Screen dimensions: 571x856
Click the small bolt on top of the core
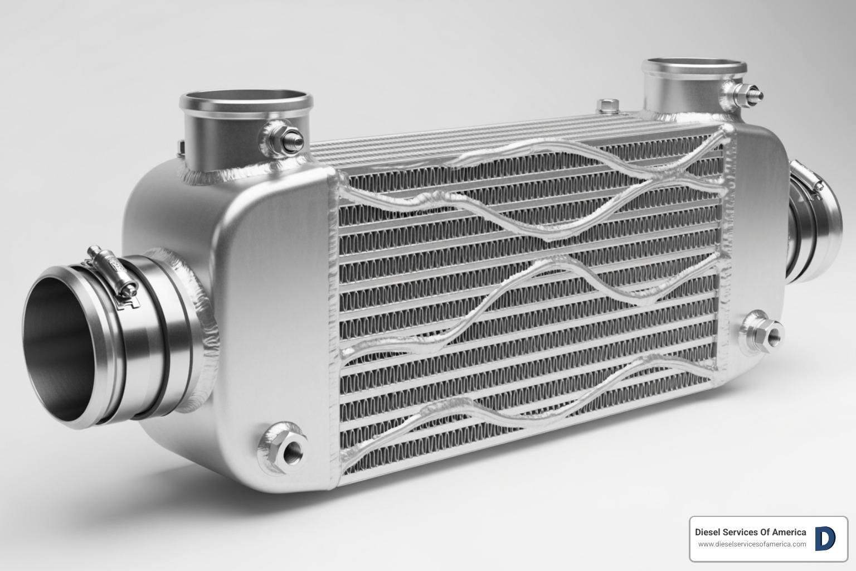click(607, 105)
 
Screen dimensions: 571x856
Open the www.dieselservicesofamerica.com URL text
click(752, 544)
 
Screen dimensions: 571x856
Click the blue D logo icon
click(825, 539)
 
